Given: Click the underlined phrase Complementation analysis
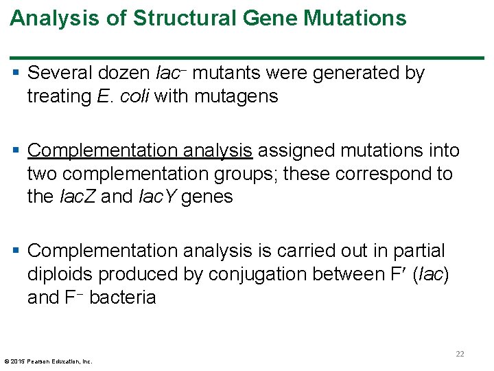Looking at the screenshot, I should point(140,150).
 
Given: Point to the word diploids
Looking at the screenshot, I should point(60,274).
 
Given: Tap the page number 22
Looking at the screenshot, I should point(460,354).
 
